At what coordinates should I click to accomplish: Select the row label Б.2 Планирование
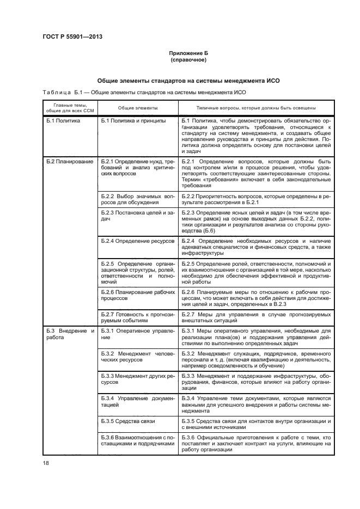(x=69, y=162)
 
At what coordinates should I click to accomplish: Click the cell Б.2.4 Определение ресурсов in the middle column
(x=137, y=240)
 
